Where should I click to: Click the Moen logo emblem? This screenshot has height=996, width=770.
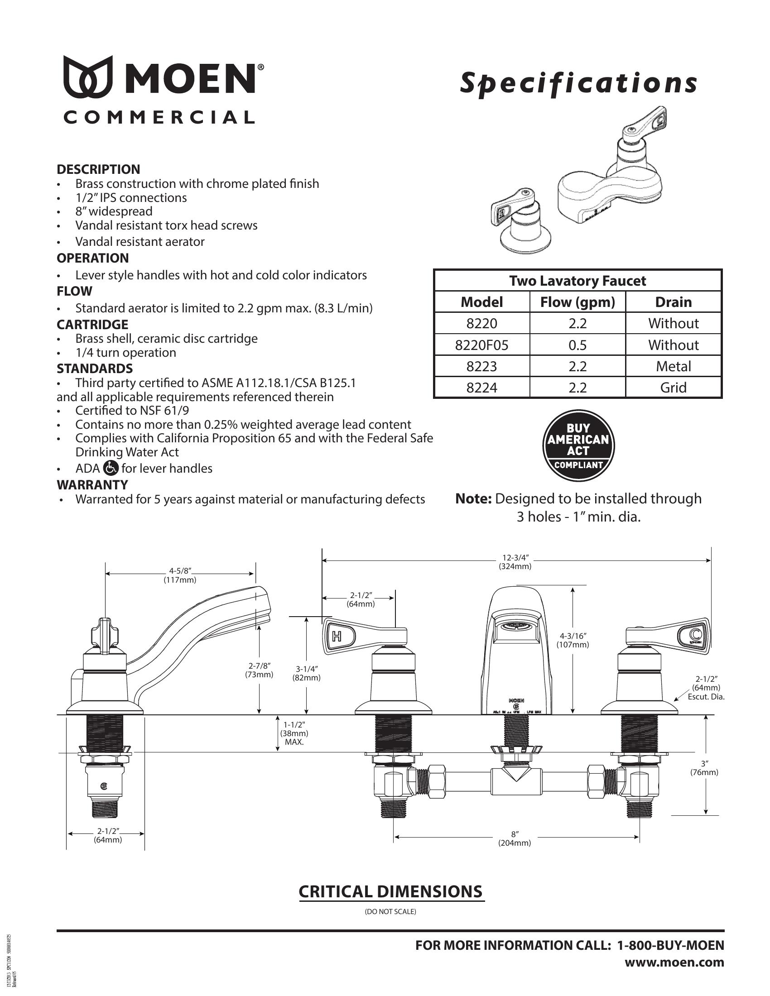(x=88, y=77)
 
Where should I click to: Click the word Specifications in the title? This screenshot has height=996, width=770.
(x=578, y=83)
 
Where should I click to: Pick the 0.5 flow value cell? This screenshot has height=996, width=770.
(x=577, y=345)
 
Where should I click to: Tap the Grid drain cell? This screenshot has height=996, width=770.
(x=673, y=388)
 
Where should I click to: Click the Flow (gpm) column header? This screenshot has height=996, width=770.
(x=577, y=302)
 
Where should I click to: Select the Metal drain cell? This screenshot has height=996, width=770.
(x=673, y=366)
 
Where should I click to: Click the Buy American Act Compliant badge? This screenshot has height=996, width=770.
(x=578, y=445)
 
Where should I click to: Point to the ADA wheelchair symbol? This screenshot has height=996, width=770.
(x=111, y=468)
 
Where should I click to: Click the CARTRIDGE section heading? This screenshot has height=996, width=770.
(x=92, y=325)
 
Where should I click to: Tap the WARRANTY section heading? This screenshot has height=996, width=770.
(x=92, y=484)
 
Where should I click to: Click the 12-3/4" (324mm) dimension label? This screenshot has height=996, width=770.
(x=515, y=562)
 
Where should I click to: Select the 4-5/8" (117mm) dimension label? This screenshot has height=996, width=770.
(x=180, y=575)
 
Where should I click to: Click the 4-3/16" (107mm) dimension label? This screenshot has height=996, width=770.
(x=573, y=640)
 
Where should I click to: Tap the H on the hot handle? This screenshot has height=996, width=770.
(x=337, y=636)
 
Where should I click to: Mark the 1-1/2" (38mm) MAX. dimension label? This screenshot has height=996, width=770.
(x=294, y=733)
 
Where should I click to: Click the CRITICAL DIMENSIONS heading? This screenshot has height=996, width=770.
(x=391, y=891)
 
